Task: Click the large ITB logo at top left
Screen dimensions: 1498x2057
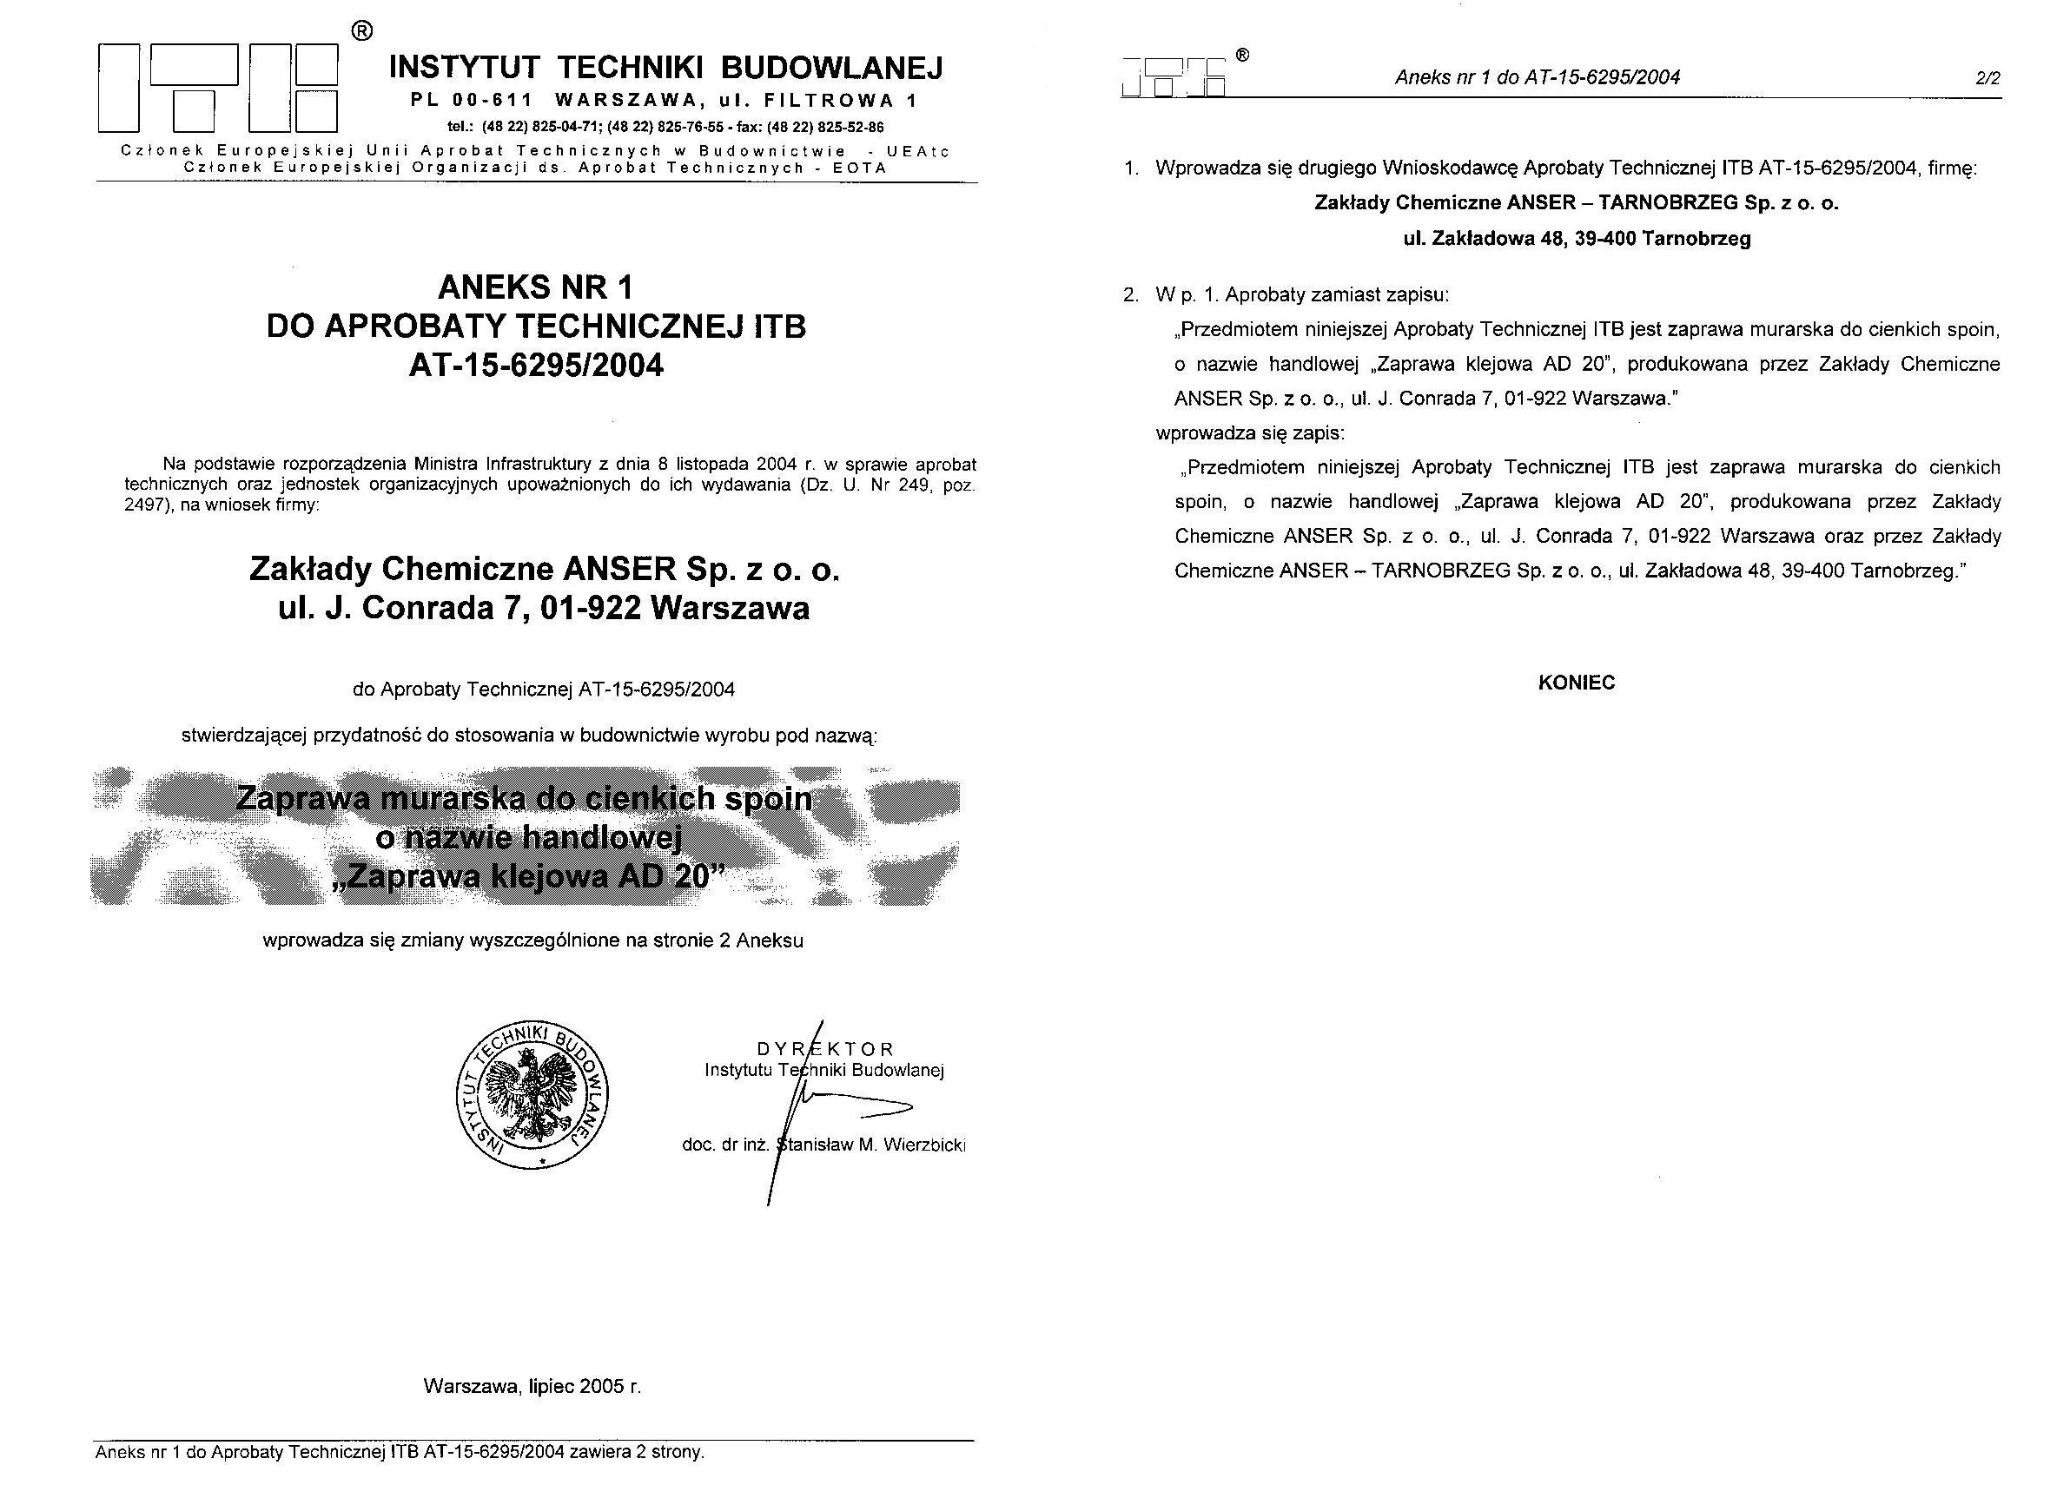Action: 218,88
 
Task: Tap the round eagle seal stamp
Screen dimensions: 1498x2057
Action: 532,1095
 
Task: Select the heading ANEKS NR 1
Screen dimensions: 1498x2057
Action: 535,287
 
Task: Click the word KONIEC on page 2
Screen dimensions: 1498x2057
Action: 1577,683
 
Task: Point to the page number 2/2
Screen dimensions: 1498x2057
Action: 1988,78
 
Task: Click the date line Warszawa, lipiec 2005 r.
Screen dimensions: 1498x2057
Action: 532,1386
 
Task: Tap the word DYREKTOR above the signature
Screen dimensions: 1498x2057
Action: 825,1049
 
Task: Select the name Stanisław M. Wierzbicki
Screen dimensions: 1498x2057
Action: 872,1145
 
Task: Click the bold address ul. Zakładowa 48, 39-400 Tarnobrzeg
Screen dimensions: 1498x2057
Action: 1577,239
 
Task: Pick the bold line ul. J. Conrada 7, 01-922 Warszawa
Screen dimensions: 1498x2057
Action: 543,608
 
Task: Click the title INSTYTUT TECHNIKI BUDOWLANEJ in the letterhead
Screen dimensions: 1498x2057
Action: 665,67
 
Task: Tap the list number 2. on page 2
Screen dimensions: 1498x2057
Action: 1130,294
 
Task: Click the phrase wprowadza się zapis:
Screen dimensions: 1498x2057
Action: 1250,432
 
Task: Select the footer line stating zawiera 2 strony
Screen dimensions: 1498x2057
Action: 400,1452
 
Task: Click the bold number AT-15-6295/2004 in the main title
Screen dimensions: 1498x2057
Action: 536,366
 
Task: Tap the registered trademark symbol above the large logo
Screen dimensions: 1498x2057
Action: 361,31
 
